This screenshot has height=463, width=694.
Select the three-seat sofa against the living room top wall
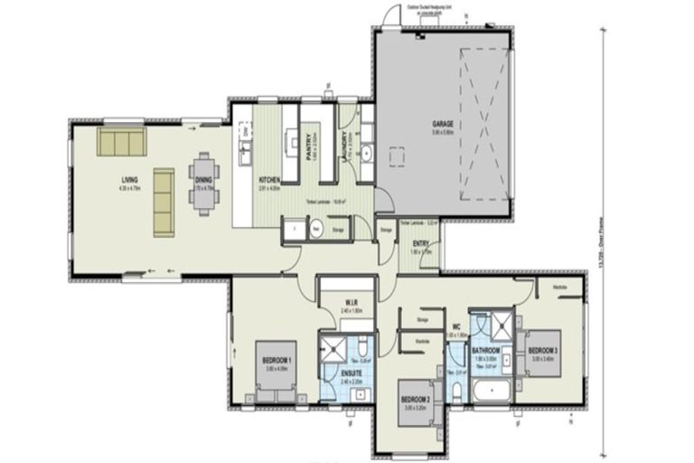pos(121,142)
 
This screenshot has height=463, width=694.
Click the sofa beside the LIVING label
pos(164,202)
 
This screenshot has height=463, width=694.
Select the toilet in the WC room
pos(457,389)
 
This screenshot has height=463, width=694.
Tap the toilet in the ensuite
pos(360,346)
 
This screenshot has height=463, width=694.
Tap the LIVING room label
pos(130,179)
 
